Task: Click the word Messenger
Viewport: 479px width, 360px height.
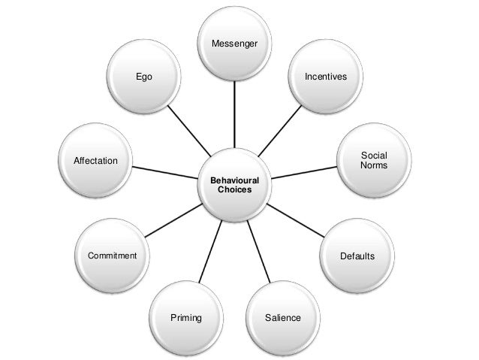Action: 235,44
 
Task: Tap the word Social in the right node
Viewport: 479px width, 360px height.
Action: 374,155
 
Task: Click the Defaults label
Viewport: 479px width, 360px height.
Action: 357,256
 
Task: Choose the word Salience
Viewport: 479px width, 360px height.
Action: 282,318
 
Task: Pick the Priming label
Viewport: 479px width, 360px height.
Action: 186,318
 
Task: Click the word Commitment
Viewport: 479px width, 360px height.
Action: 113,256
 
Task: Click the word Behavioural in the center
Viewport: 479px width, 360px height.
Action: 234,181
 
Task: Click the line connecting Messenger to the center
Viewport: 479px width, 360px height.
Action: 235,113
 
